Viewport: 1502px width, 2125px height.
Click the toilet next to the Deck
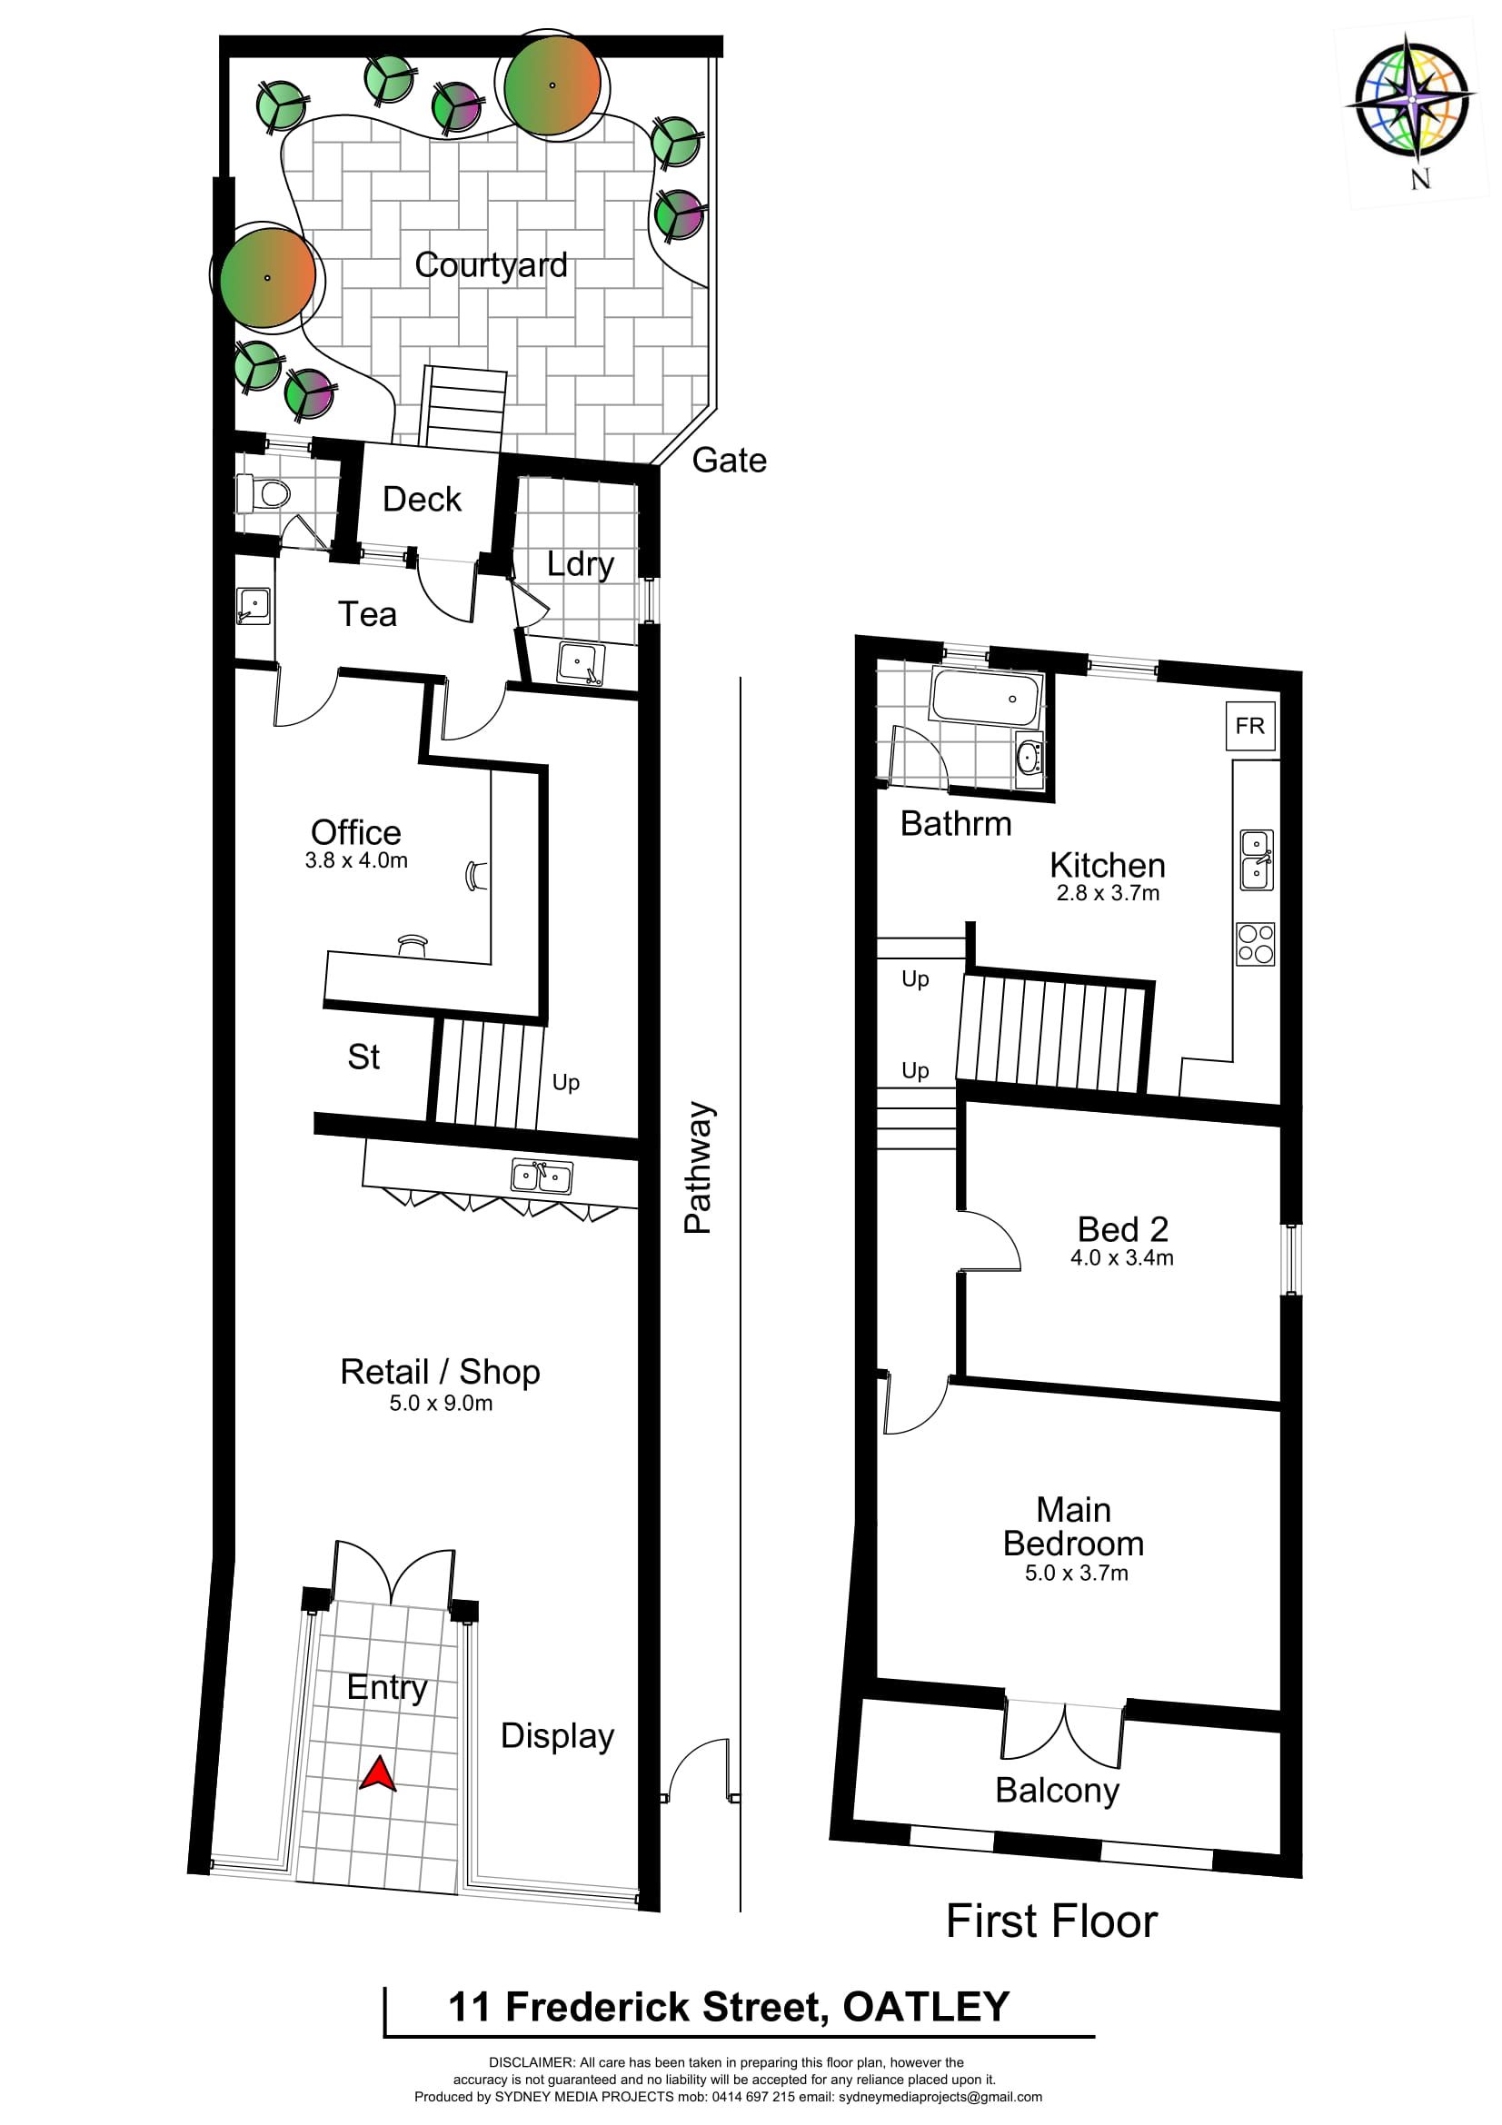264,493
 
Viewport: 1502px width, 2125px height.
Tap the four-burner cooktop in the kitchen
1256,944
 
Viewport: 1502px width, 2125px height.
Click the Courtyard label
491,264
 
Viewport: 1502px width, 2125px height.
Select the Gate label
730,460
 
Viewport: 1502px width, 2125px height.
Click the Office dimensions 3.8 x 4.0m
356,859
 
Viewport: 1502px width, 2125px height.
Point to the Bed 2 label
1122,1229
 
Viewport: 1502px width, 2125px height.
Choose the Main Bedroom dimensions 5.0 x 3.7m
1076,1573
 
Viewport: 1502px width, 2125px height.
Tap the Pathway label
698,1167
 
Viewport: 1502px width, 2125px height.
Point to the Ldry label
581,563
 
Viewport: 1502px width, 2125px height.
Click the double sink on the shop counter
542,1177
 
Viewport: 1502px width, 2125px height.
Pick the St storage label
363,1057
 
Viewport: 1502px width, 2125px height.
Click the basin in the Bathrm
1030,760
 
